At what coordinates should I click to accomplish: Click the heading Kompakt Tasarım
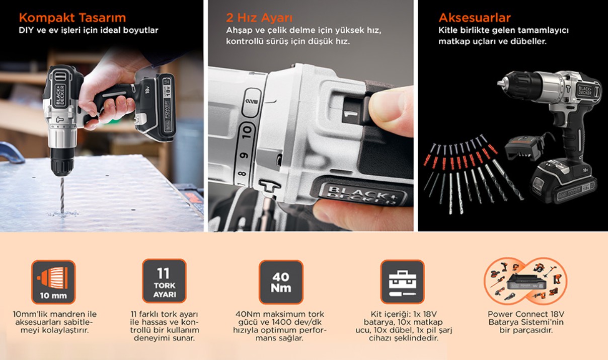pyautogui.click(x=72, y=18)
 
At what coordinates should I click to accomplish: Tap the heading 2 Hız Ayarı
pyautogui.click(x=259, y=18)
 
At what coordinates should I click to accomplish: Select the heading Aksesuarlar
pyautogui.click(x=475, y=18)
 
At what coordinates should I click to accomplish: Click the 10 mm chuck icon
pyautogui.click(x=53, y=282)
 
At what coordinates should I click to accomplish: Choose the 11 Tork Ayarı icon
pyautogui.click(x=164, y=281)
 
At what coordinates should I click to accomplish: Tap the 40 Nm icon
pyautogui.click(x=281, y=282)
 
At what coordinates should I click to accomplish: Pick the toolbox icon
pyautogui.click(x=402, y=281)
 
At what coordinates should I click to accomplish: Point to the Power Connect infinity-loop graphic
pyautogui.click(x=525, y=281)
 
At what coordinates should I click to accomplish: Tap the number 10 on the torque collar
pyautogui.click(x=247, y=132)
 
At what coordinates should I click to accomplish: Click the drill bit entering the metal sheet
pyautogui.click(x=62, y=195)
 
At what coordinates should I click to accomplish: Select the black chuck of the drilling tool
pyautogui.click(x=62, y=162)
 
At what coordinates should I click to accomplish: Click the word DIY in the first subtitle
pyautogui.click(x=26, y=30)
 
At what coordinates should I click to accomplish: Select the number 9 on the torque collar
pyautogui.click(x=244, y=156)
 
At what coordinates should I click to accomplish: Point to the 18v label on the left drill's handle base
pyautogui.click(x=147, y=90)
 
